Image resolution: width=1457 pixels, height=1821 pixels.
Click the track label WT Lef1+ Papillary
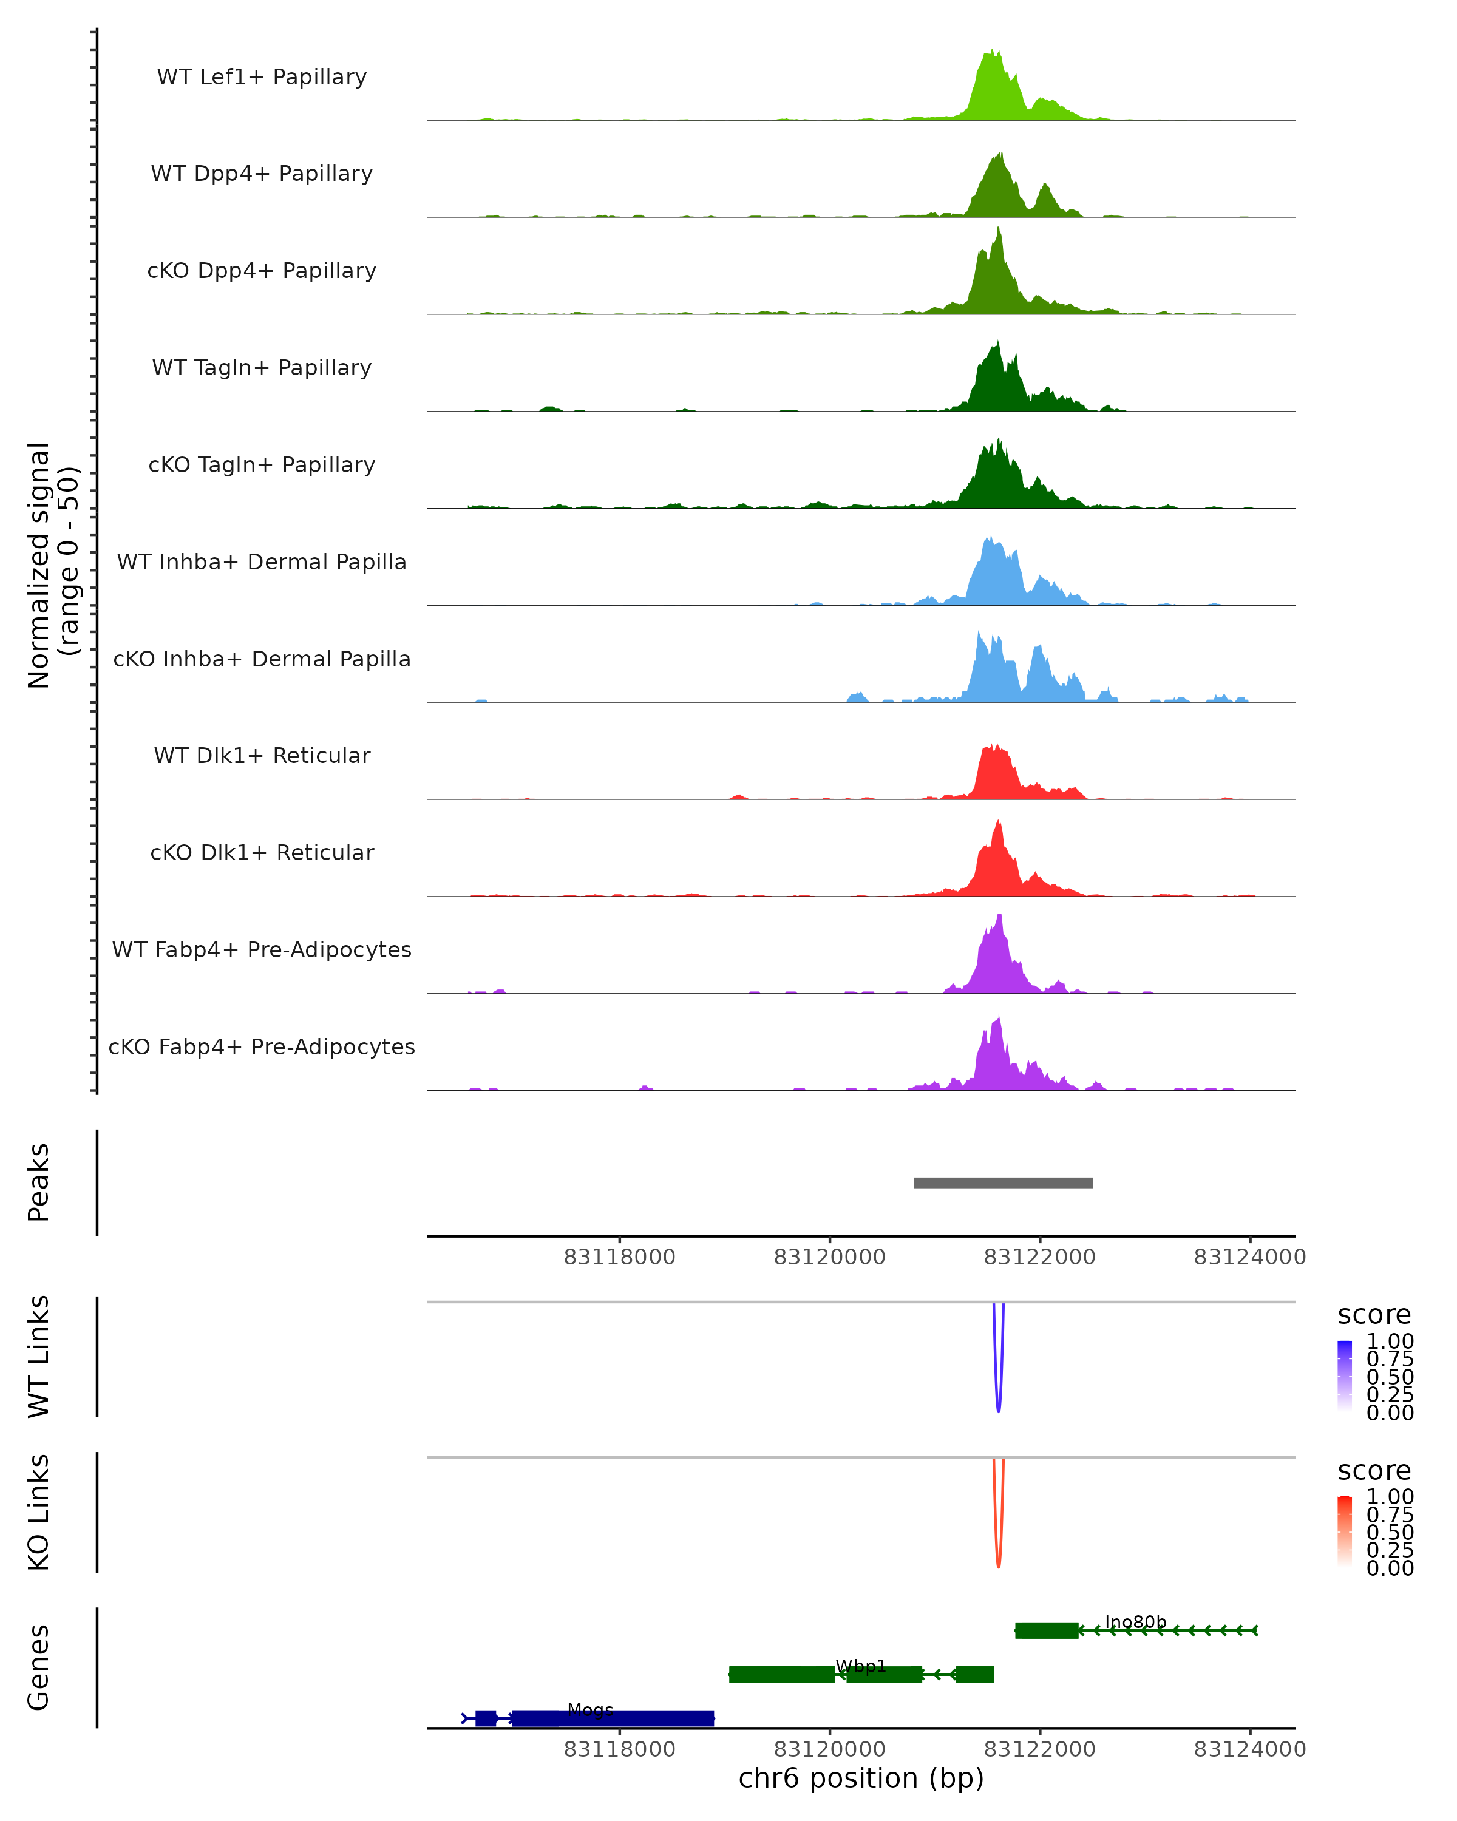click(262, 77)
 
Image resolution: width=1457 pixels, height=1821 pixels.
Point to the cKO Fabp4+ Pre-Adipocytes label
click(262, 1046)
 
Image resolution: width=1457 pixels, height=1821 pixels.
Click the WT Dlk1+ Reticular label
click(262, 756)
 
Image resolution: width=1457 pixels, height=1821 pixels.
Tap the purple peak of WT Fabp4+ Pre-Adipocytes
click(999, 917)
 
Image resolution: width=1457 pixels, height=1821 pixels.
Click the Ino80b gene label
click(1135, 1622)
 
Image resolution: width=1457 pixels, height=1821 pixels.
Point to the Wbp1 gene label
click(861, 1666)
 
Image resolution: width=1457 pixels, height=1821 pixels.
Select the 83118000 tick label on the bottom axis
click(619, 1749)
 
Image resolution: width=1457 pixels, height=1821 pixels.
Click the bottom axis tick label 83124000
click(1249, 1749)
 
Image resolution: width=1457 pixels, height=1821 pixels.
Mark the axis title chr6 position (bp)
click(861, 1778)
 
